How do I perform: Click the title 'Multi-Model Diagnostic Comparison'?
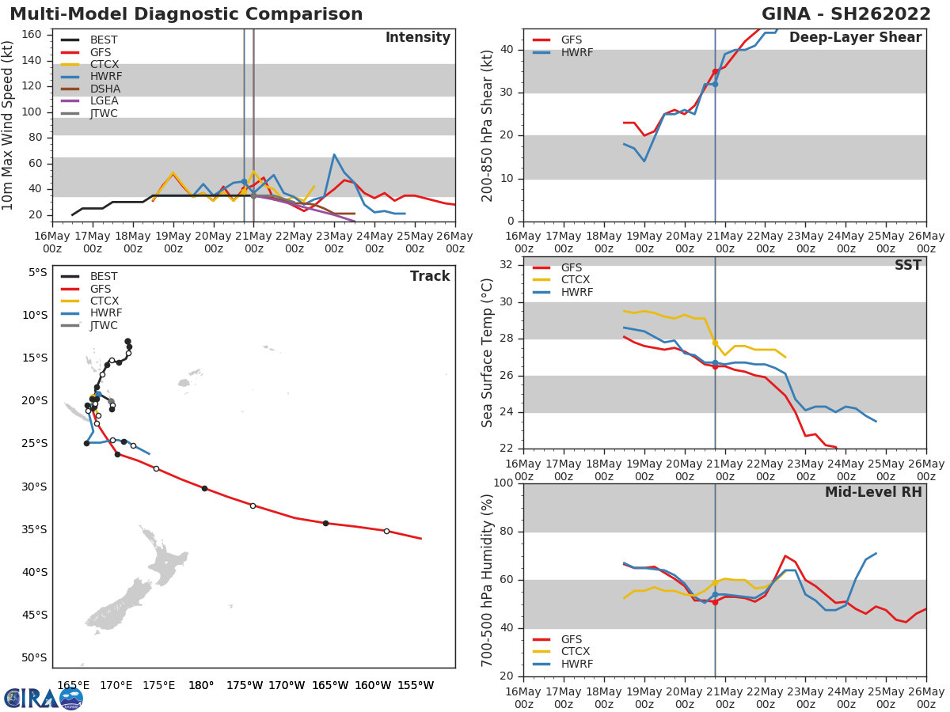pyautogui.click(x=186, y=14)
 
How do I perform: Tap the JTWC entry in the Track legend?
pyautogui.click(x=104, y=326)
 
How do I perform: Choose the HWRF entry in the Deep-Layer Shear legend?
pyautogui.click(x=576, y=53)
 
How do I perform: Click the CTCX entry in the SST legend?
pyautogui.click(x=575, y=280)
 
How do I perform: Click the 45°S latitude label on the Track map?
pyautogui.click(x=35, y=615)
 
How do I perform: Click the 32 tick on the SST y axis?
pyautogui.click(x=506, y=264)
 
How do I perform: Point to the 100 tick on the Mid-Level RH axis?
pyautogui.click(x=503, y=483)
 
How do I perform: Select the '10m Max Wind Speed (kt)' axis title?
pyautogui.click(x=9, y=125)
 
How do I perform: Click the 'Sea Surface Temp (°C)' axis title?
pyautogui.click(x=488, y=353)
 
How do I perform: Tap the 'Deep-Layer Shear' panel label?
pyautogui.click(x=855, y=38)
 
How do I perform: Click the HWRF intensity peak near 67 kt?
pyautogui.click(x=334, y=154)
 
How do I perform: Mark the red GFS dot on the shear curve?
pyautogui.click(x=715, y=71)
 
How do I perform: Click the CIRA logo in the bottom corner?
pyautogui.click(x=44, y=698)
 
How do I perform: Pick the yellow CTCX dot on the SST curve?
pyautogui.click(x=715, y=343)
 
